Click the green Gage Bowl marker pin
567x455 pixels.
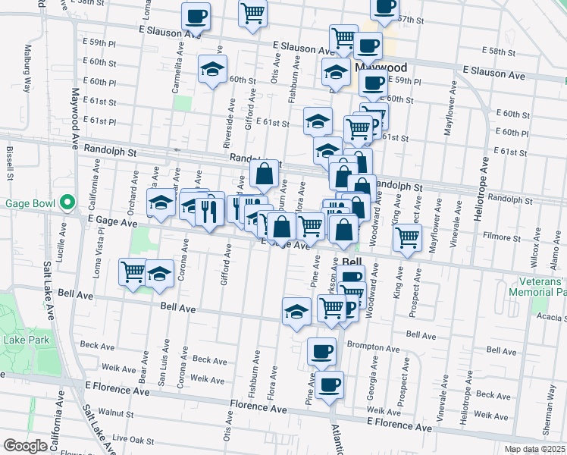(x=67, y=202)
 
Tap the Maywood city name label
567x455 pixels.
(x=381, y=67)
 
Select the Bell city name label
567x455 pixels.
(x=352, y=262)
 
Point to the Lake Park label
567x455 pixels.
(x=27, y=340)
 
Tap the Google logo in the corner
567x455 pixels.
(x=25, y=445)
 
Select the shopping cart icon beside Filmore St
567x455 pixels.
(x=407, y=238)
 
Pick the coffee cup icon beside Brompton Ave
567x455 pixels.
(x=321, y=350)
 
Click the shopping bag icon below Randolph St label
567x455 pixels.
(x=264, y=174)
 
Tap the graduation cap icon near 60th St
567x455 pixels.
(x=213, y=71)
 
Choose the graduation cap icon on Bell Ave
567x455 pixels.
(x=296, y=311)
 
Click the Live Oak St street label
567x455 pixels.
(x=133, y=440)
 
